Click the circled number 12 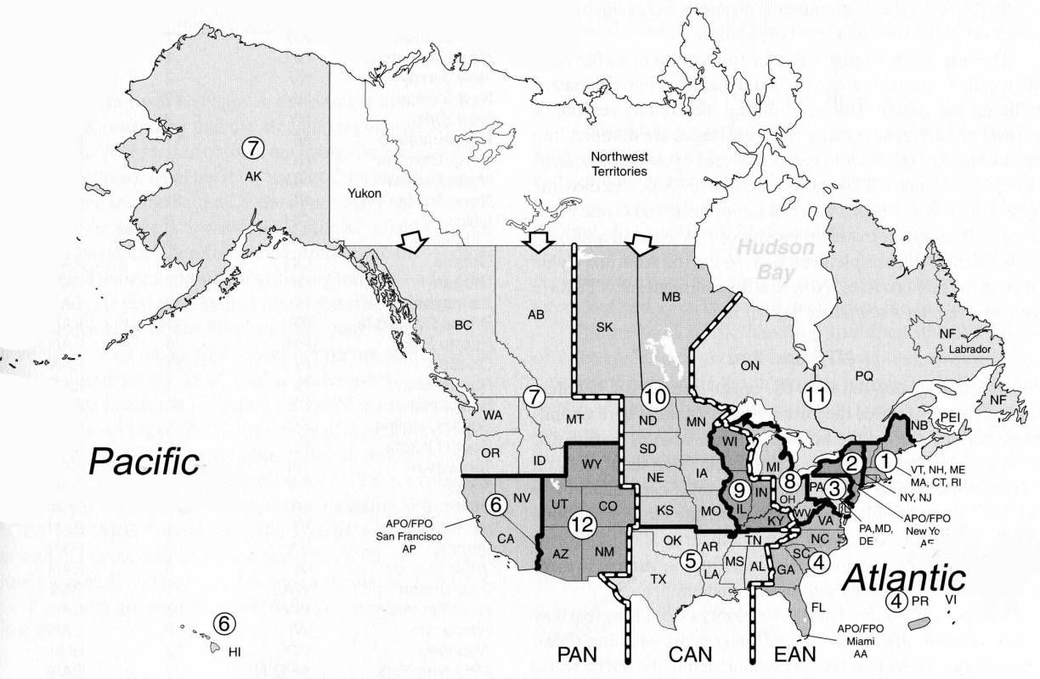tap(581, 524)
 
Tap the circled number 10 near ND tap(653, 395)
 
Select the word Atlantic tap(904, 579)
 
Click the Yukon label tap(365, 194)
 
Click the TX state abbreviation tap(658, 579)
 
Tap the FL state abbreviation tap(818, 608)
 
